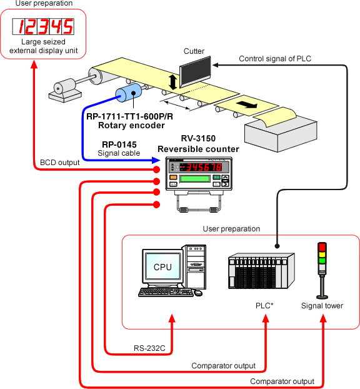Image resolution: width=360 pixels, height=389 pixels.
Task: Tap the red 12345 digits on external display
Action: (x=42, y=27)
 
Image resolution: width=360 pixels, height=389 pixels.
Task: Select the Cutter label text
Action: (x=194, y=51)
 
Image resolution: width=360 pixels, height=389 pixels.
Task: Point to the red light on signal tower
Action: (x=322, y=246)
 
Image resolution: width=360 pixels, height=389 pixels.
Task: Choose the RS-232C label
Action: (x=149, y=348)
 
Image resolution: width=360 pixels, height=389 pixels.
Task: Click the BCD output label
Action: (x=59, y=163)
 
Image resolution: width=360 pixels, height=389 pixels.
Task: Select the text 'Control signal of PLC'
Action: (x=275, y=59)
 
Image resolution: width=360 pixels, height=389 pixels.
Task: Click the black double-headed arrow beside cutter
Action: (x=173, y=82)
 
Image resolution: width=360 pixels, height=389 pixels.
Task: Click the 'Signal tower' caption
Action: (x=322, y=306)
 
